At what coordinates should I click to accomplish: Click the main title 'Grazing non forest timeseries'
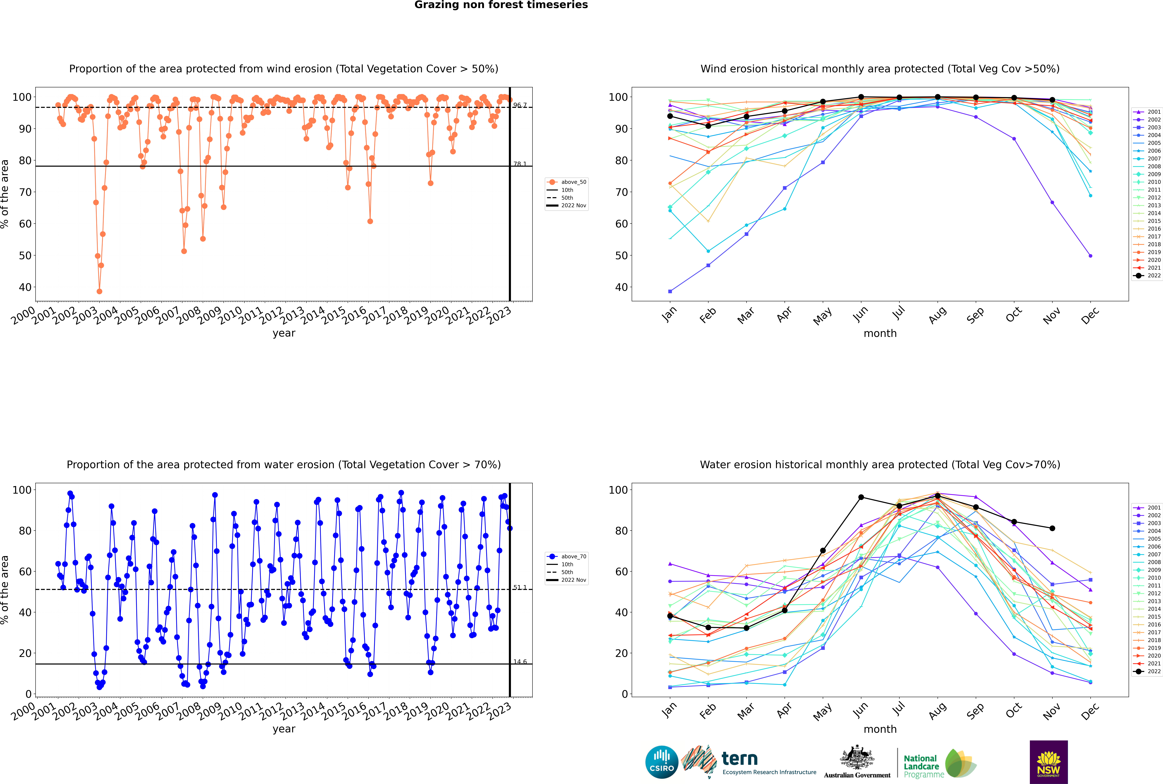click(x=501, y=5)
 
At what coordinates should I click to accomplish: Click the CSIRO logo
click(x=661, y=762)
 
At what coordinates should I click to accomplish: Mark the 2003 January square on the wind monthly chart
click(x=670, y=291)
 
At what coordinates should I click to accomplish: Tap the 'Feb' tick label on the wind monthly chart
click(x=708, y=315)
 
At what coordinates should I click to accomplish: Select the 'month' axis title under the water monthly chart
click(x=880, y=729)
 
